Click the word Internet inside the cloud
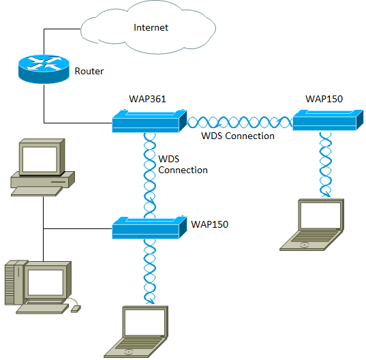tap(151, 28)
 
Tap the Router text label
tap(89, 71)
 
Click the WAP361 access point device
tap(148, 123)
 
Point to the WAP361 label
tap(148, 99)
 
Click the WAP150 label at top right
tap(324, 99)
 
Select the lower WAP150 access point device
tap(148, 227)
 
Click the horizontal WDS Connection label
tap(238, 136)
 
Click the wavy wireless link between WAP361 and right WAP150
tap(239, 123)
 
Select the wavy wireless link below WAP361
tap(148, 175)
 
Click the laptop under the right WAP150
tap(312, 225)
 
